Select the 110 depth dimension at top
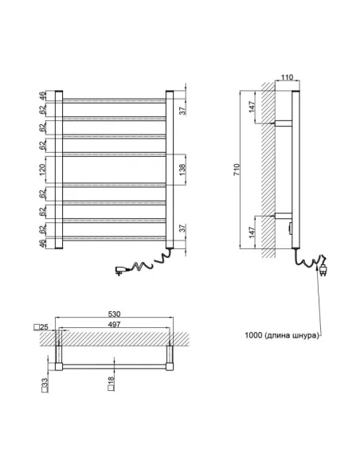[x=287, y=79]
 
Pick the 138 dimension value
[x=183, y=169]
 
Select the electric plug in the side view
[x=325, y=267]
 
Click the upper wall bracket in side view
[x=284, y=123]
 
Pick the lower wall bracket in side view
[x=284, y=215]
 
